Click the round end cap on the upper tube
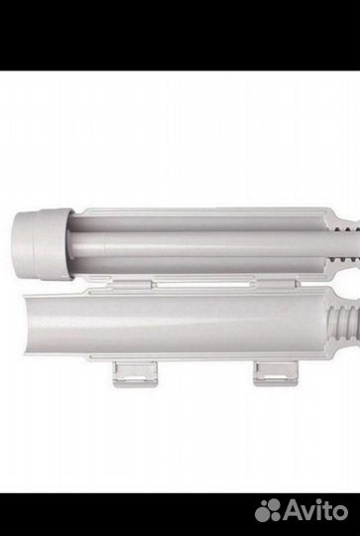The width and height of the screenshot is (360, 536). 42,244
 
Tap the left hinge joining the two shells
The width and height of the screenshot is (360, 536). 132,284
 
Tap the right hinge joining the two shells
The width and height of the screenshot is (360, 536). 276,284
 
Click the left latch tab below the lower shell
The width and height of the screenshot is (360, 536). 135,373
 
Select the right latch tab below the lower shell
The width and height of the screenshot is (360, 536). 276,373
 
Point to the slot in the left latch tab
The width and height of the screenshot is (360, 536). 134,379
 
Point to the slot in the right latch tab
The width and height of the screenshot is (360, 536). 275,378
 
